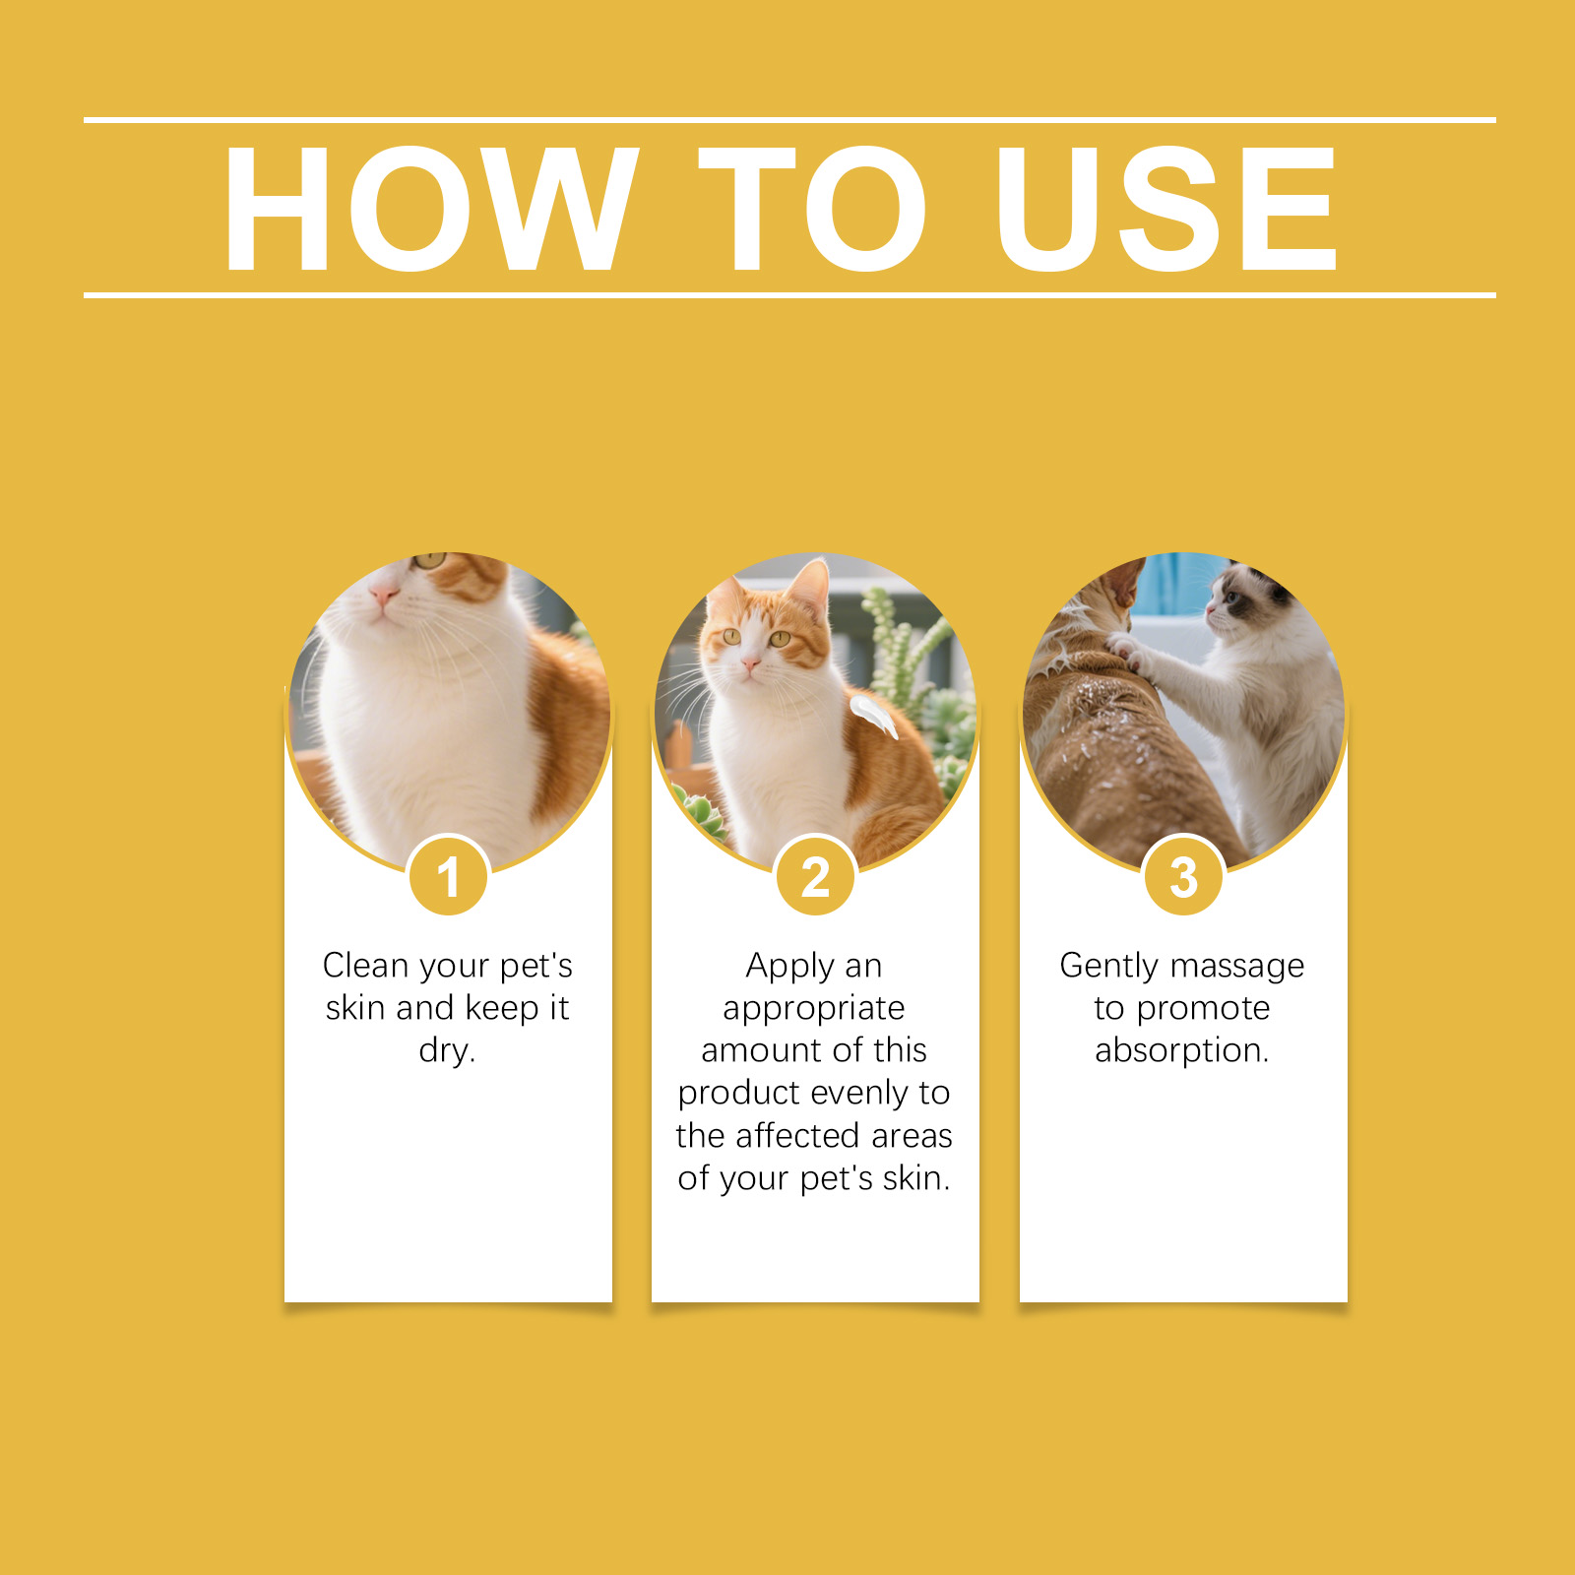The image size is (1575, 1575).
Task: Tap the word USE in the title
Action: [1166, 209]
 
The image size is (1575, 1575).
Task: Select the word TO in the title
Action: [813, 209]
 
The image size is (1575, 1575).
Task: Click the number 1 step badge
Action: [448, 876]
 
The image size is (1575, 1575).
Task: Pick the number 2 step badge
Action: [815, 876]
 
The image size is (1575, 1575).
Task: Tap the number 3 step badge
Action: [1183, 876]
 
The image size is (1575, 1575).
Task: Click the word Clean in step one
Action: [365, 966]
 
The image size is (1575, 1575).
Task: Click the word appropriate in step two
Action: [814, 1009]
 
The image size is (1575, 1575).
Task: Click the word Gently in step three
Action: [1108, 967]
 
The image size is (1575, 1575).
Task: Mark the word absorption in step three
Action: [1182, 1051]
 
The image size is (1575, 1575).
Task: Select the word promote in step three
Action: [1203, 1009]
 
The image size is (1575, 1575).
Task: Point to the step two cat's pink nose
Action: [751, 665]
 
